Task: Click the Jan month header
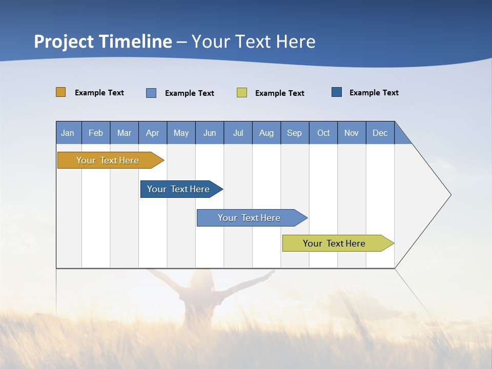[68, 133]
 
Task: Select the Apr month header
[152, 133]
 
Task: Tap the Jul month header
[238, 133]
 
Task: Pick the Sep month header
[294, 133]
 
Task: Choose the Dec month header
[380, 133]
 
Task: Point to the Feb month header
[96, 133]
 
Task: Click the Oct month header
[323, 133]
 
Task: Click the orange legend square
[61, 92]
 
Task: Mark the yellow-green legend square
[242, 93]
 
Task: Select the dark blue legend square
[337, 92]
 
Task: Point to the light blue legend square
[151, 93]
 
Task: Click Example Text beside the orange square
[99, 93]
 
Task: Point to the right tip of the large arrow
[450, 195]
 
